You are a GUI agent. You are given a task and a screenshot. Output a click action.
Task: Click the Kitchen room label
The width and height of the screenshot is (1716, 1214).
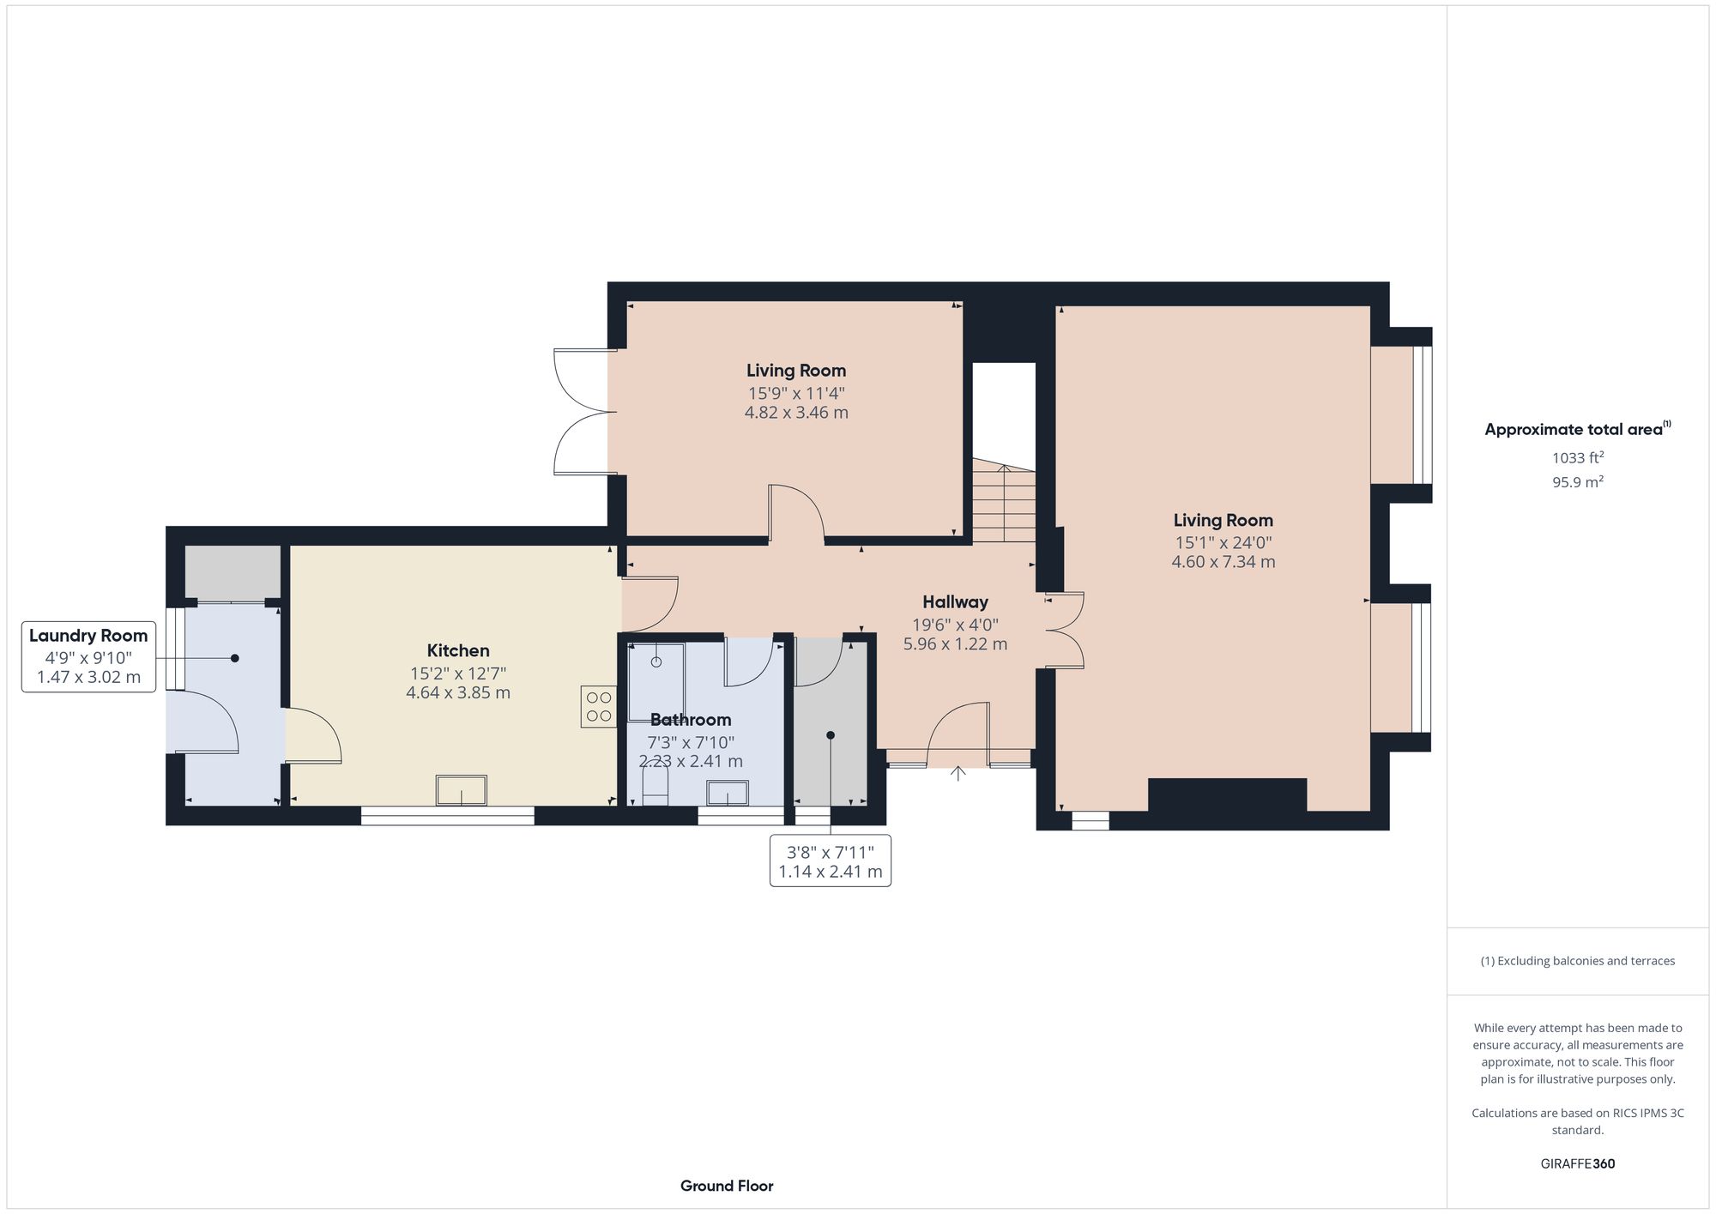[x=458, y=650]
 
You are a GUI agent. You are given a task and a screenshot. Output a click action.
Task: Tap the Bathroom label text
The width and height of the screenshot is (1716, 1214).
[x=690, y=720]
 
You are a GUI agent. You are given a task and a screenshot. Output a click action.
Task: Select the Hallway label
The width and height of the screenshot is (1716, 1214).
[x=955, y=602]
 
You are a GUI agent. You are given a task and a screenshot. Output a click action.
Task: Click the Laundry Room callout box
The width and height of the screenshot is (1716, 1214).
[x=88, y=656]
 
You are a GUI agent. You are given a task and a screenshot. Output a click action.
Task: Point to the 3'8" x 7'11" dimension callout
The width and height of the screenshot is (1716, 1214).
[x=830, y=861]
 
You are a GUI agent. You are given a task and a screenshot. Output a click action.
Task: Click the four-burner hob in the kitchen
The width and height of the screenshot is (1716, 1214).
[x=598, y=707]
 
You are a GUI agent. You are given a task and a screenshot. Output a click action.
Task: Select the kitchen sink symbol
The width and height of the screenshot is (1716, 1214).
[x=462, y=790]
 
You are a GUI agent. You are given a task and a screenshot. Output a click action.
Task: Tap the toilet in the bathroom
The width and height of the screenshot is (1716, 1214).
[x=656, y=788]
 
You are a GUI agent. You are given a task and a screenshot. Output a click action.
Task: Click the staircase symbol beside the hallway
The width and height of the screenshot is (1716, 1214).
[x=1004, y=503]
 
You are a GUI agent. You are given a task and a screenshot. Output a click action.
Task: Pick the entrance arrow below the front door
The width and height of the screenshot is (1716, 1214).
[x=958, y=773]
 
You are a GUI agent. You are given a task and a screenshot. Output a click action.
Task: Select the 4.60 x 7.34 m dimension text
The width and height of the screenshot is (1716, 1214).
[x=1223, y=562]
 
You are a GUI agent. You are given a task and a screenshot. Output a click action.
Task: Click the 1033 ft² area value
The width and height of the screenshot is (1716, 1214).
[x=1577, y=458]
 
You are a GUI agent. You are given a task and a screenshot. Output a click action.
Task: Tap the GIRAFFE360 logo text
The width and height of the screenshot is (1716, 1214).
[x=1577, y=1164]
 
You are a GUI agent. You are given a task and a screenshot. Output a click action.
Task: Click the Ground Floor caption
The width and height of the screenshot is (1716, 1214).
[x=727, y=1186]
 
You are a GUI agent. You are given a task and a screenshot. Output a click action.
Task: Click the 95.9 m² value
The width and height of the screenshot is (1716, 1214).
[x=1577, y=482]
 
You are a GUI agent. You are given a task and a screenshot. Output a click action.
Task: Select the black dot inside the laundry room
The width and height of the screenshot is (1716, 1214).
[x=234, y=658]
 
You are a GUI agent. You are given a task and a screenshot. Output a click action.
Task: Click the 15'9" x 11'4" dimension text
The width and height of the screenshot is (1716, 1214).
[x=796, y=394]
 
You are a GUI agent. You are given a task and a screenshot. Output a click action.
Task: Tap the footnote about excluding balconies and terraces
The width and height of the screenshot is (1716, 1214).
[x=1577, y=961]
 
